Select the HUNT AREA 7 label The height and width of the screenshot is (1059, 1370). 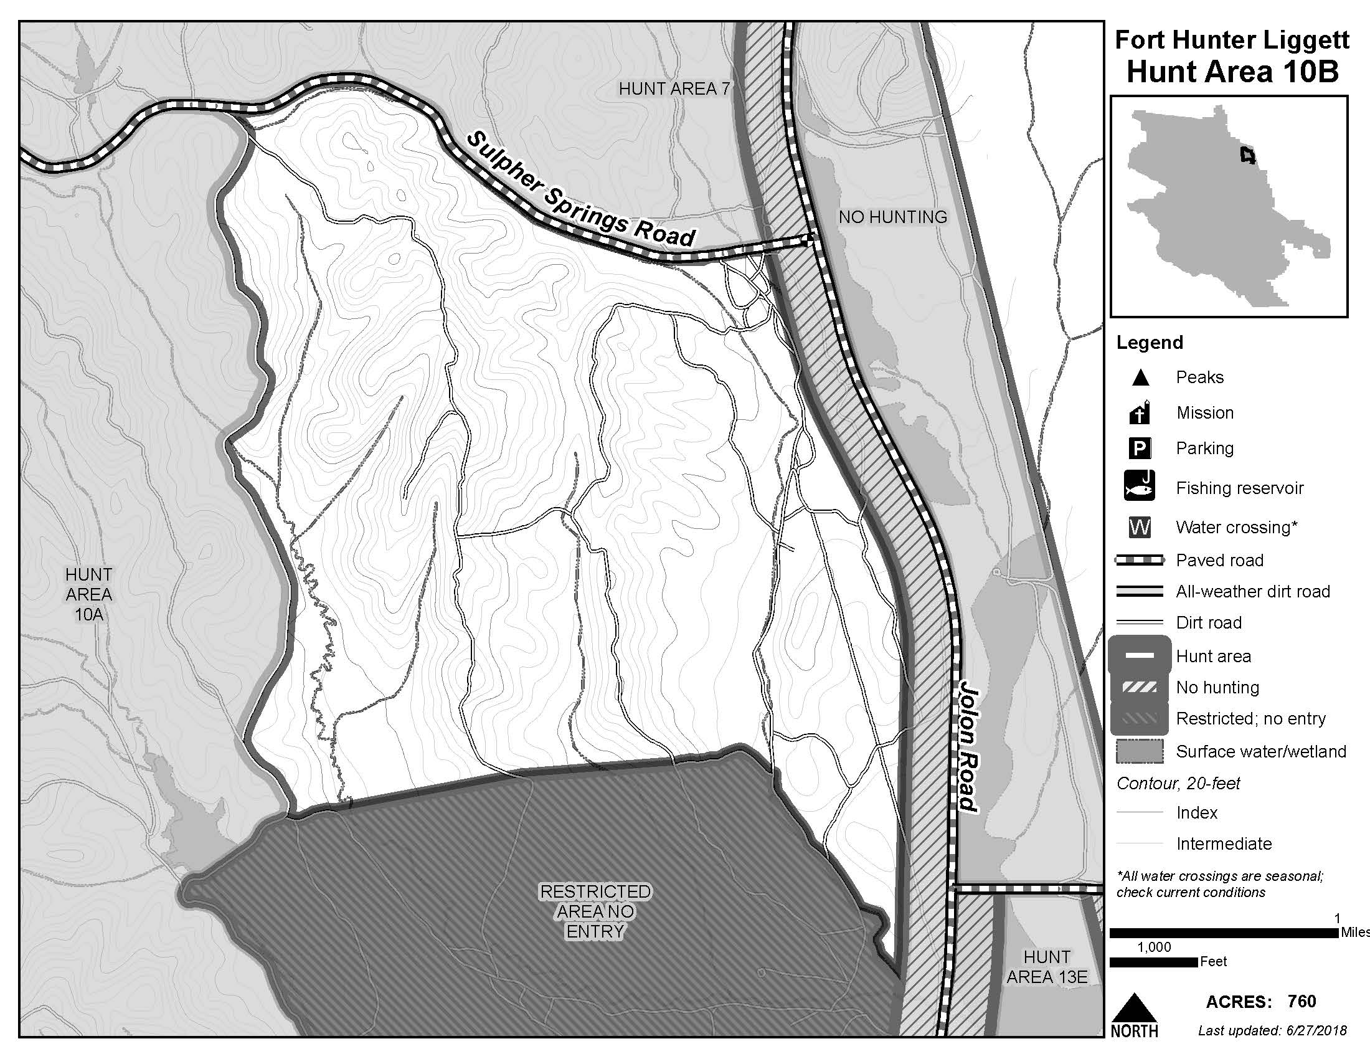point(674,89)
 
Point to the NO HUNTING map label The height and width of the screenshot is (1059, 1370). point(892,217)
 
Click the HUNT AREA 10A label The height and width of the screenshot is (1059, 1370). point(88,594)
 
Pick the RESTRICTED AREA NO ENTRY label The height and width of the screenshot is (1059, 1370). point(595,911)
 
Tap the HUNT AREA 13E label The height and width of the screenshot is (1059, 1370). point(1047,967)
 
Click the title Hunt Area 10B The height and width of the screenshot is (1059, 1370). point(1232,72)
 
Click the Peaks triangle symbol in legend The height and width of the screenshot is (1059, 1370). point(1140,378)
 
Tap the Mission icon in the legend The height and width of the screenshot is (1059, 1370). point(1140,412)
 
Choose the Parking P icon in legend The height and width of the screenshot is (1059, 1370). point(1140,448)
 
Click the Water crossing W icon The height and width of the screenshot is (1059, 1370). point(1140,527)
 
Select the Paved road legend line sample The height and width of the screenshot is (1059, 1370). point(1140,560)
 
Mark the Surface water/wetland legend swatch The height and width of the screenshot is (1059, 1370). point(1140,751)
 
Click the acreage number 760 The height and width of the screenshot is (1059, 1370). point(1301,1001)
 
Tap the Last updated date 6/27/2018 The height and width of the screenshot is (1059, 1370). point(1310,1030)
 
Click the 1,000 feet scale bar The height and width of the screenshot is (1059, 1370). point(1153,962)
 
